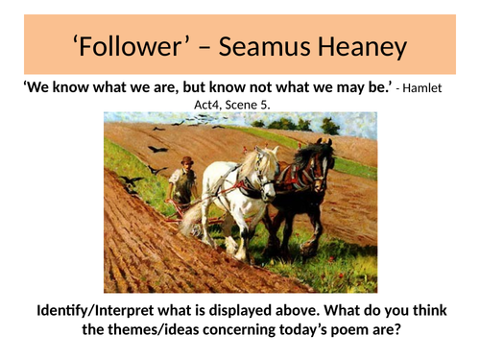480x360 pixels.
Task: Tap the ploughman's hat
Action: click(187, 160)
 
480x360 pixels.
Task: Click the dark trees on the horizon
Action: click(288, 124)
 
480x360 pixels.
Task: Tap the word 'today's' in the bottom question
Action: click(323, 332)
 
